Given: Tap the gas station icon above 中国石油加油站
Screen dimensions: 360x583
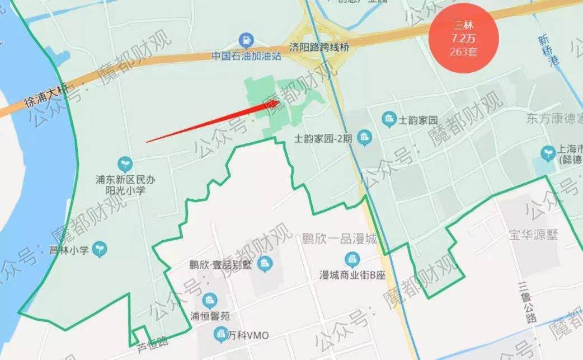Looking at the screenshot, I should click(246, 40).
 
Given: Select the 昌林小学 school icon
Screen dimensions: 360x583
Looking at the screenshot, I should click(101, 246).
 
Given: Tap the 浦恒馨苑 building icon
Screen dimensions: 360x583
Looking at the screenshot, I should click(210, 300).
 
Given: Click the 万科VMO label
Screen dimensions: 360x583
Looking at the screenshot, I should click(248, 335).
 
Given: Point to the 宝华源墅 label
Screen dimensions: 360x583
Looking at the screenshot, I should click(533, 235).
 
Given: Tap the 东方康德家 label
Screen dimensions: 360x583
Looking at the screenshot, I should click(554, 119).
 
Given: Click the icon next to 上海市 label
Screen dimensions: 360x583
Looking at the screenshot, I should click(548, 153).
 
